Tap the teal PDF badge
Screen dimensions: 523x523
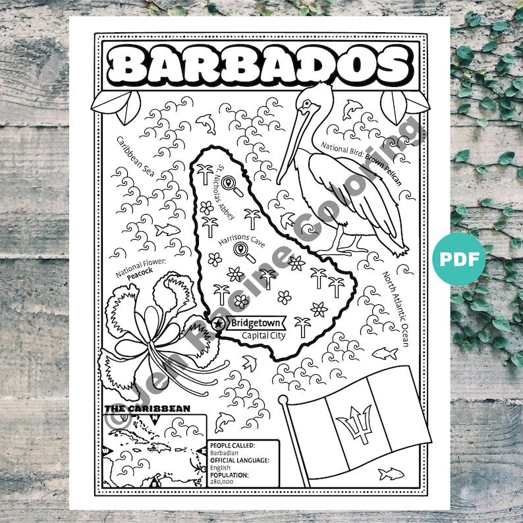(459, 258)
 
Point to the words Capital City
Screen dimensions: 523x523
(261, 336)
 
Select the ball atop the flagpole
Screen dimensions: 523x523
(283, 400)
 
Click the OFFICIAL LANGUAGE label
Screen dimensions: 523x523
(239, 460)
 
